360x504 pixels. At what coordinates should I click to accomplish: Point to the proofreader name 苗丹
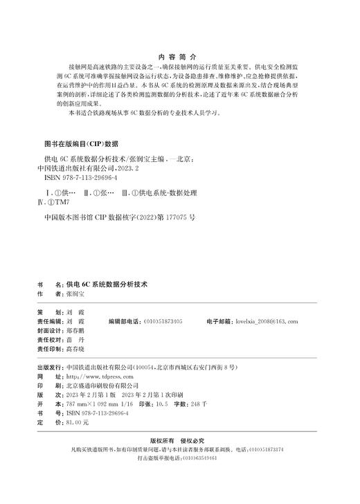(74, 341)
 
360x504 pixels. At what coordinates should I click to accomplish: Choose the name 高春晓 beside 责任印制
(75, 351)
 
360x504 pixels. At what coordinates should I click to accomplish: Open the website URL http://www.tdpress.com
(94, 375)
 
